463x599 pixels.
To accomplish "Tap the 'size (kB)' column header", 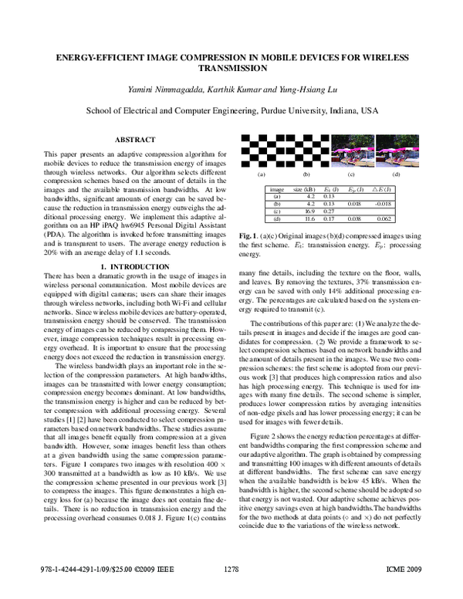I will pyautogui.click(x=303, y=188).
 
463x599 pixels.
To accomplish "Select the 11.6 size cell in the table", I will pyautogui.click(x=308, y=219).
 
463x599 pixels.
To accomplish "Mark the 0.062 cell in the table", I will pyautogui.click(x=382, y=219).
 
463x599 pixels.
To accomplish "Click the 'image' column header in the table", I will pyautogui.click(x=276, y=188).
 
